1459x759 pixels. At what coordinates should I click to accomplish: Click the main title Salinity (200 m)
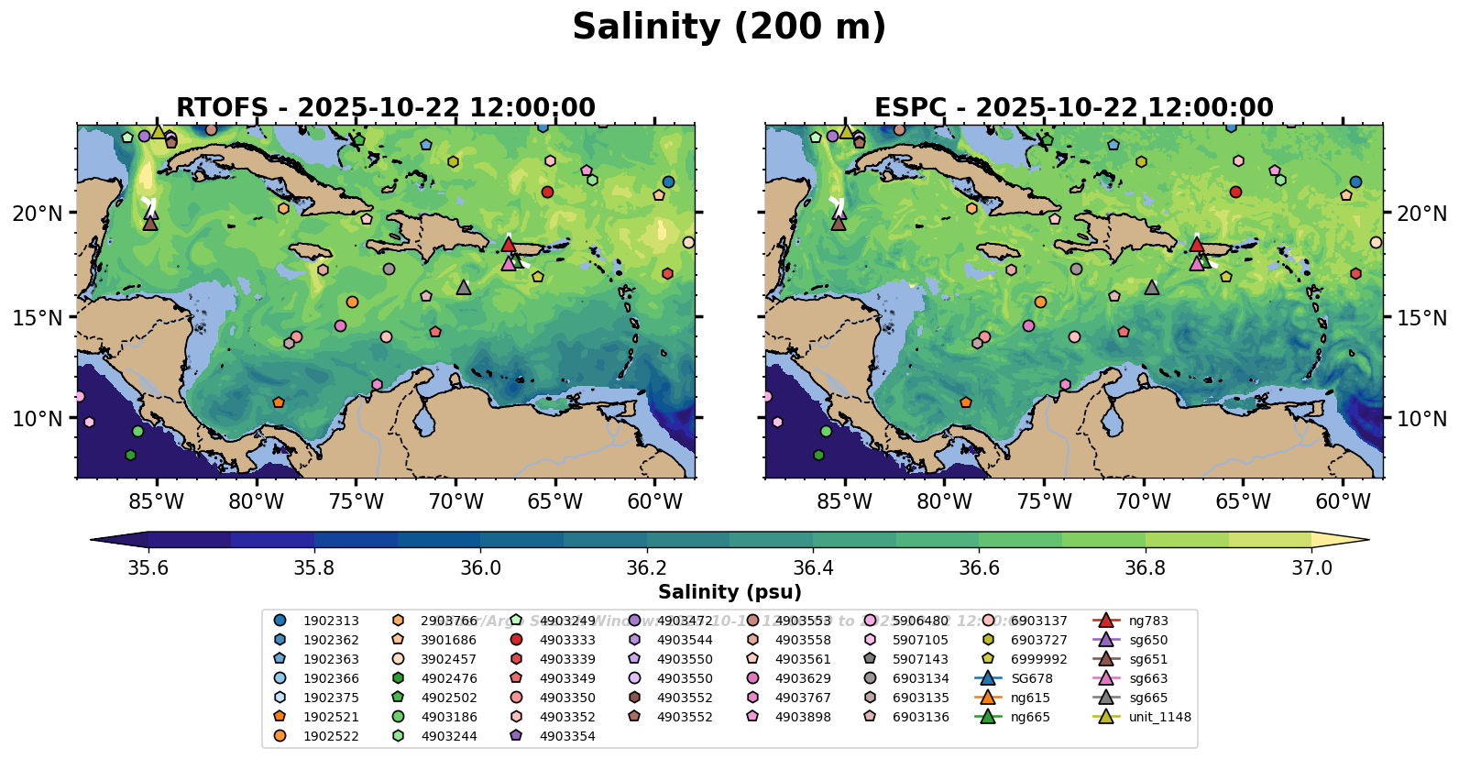[x=729, y=27]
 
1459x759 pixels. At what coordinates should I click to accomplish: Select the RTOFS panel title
[x=386, y=107]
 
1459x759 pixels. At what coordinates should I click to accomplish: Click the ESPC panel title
[x=1073, y=107]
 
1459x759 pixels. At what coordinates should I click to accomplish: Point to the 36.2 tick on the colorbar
[x=646, y=568]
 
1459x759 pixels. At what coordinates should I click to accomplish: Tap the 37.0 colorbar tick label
[x=1311, y=568]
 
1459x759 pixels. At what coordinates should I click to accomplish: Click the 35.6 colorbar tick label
[x=148, y=568]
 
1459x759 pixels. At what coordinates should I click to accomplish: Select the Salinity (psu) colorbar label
[x=729, y=592]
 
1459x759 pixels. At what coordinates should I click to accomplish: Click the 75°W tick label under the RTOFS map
[x=356, y=502]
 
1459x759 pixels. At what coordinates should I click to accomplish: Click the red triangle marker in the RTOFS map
[x=509, y=244]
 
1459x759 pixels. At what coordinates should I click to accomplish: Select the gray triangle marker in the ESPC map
[x=1152, y=287]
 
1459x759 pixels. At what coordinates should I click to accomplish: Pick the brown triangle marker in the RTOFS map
[x=150, y=223]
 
